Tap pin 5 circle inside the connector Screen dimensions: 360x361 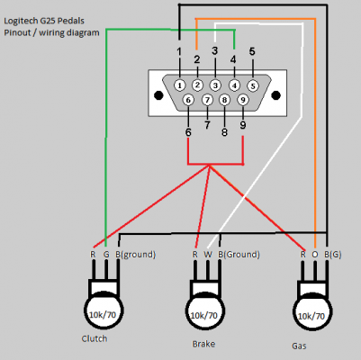pyautogui.click(x=253, y=85)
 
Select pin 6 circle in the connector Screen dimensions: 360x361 pyautogui.click(x=188, y=100)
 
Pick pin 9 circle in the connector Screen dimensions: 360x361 pyautogui.click(x=243, y=100)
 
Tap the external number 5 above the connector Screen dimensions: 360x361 pyautogui.click(x=252, y=52)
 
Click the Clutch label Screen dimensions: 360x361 pyautogui.click(x=95, y=338)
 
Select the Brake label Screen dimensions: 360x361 pyautogui.click(x=203, y=344)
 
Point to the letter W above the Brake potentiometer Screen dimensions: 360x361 pyautogui.click(x=207, y=255)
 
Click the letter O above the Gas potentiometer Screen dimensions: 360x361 pyautogui.click(x=315, y=255)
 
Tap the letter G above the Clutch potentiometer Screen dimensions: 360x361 pyautogui.click(x=105, y=255)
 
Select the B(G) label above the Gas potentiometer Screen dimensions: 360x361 pyautogui.click(x=331, y=255)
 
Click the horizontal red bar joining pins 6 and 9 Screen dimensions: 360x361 pyautogui.click(x=215, y=165)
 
